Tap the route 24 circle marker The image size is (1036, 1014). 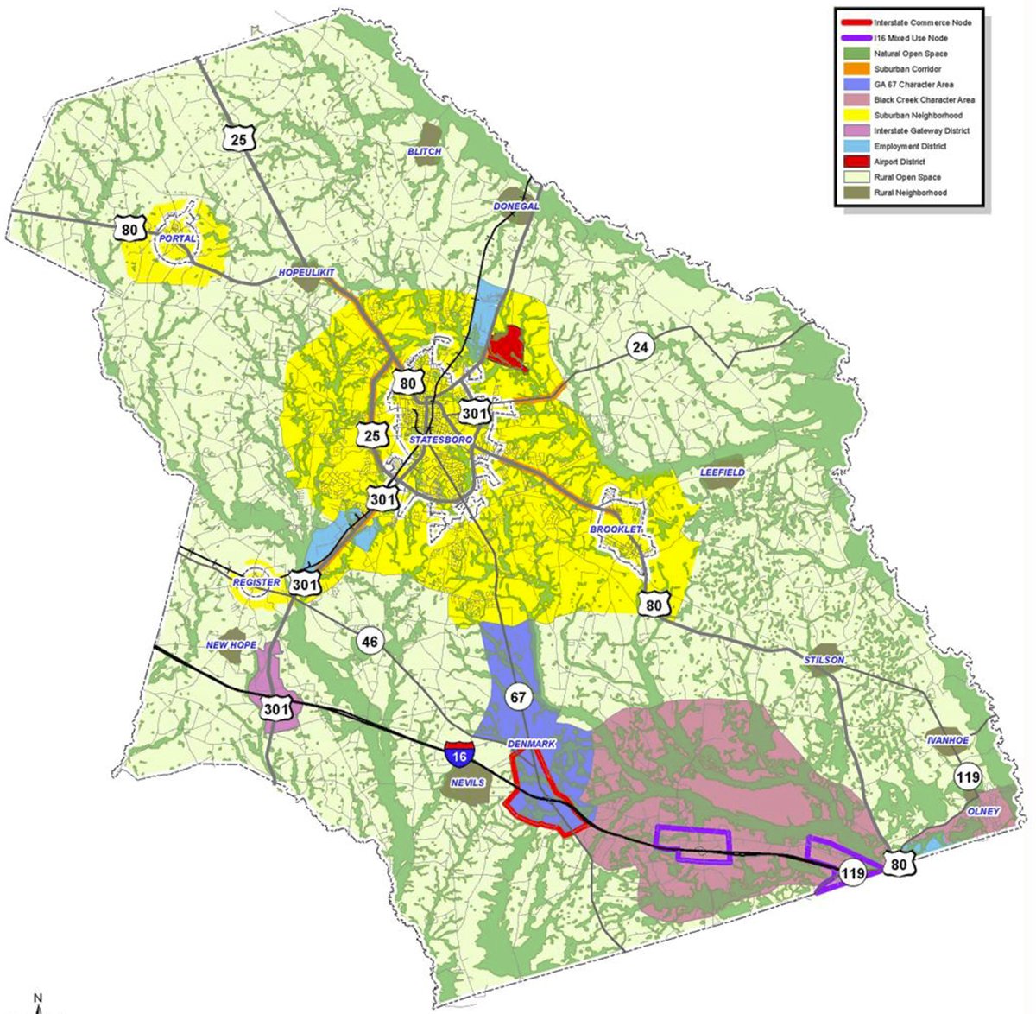tap(640, 348)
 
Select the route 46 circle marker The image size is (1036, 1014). tap(370, 642)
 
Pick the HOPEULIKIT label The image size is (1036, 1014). tap(306, 273)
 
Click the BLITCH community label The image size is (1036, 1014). tap(424, 152)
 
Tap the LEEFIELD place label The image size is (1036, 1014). tap(722, 473)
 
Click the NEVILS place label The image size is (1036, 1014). tap(467, 783)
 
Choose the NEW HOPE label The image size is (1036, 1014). tap(228, 645)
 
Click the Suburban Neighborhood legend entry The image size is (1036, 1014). tap(917, 116)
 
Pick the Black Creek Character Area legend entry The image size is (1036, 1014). tap(923, 100)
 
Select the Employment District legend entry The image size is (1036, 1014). tap(909, 147)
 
